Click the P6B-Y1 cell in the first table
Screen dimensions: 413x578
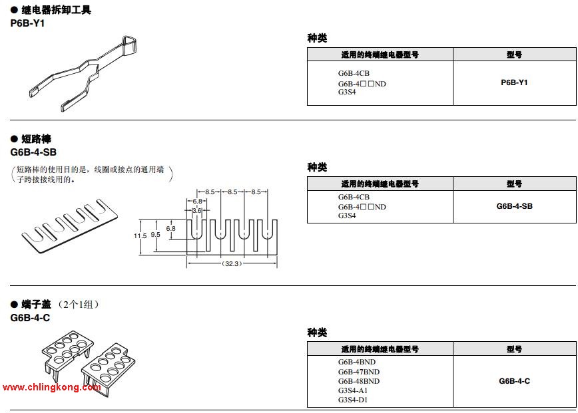pos(514,82)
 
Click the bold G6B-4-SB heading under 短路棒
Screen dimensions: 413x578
pos(33,152)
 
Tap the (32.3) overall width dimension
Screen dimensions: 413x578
pos(232,264)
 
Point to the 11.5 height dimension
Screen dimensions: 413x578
pos(139,235)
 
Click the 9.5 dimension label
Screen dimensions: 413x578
pos(155,235)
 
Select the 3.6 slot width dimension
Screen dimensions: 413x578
pos(196,210)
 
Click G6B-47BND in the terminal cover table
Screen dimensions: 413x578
pos(358,372)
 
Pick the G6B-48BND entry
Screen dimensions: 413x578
pos(358,381)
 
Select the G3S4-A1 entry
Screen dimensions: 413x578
pos(353,390)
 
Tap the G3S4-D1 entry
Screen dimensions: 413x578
pos(353,400)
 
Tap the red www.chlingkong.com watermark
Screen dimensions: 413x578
pos(52,387)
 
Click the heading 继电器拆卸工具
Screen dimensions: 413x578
pos(56,10)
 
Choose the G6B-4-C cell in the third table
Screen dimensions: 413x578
pos(514,381)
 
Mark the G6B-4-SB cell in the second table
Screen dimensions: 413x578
pos(514,206)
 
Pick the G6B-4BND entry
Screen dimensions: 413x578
pos(356,362)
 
